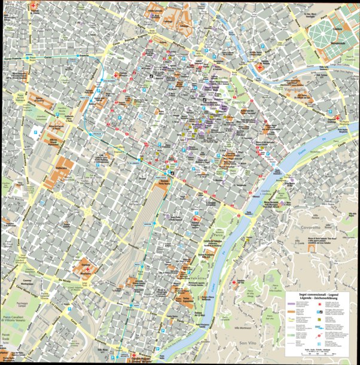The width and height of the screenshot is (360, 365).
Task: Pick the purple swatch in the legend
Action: click(x=292, y=305)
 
